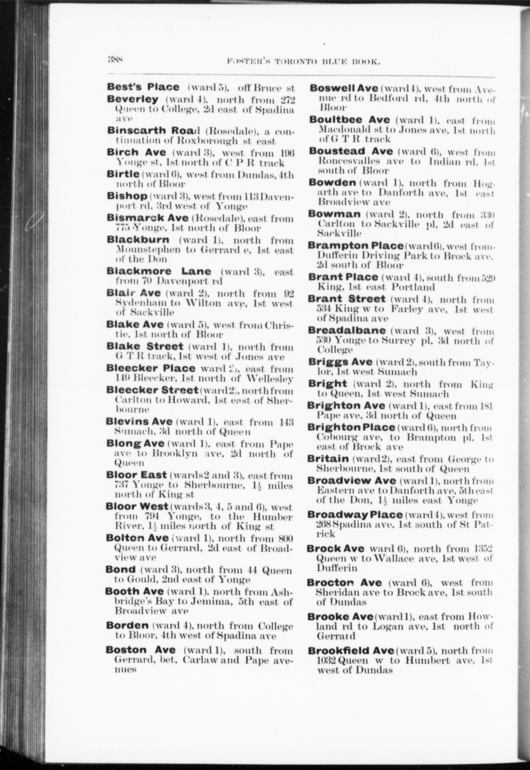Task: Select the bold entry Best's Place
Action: (143, 87)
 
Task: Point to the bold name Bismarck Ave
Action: (148, 218)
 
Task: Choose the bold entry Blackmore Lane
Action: (159, 272)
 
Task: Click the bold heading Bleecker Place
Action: (151, 369)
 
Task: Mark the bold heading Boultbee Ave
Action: (349, 120)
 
